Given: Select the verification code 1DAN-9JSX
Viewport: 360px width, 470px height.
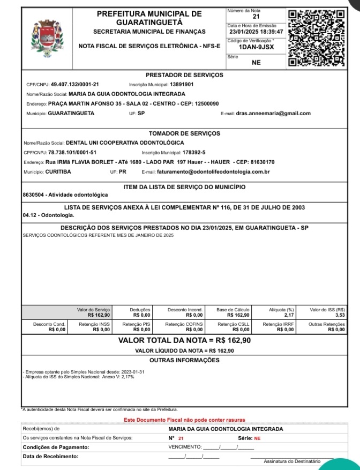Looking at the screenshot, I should pyautogui.click(x=256, y=47).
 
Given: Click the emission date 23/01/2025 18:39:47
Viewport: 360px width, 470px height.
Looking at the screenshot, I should pyautogui.click(x=255, y=32).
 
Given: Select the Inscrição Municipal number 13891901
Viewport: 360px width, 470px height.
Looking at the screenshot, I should pyautogui.click(x=182, y=85).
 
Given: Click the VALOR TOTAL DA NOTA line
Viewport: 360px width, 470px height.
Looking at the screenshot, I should pyautogui.click(x=184, y=340).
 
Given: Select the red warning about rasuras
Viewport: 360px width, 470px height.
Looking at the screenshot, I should pyautogui.click(x=184, y=420).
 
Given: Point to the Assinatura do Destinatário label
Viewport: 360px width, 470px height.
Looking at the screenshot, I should pyautogui.click(x=292, y=461).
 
